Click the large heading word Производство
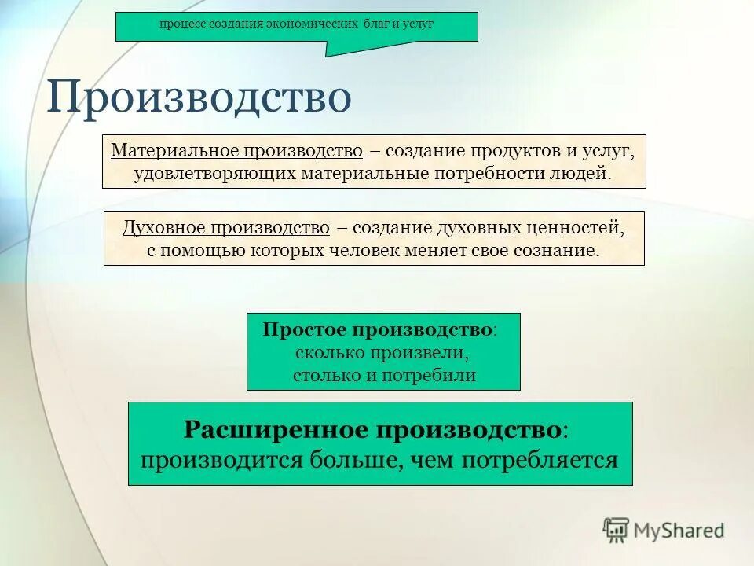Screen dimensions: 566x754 click(199, 98)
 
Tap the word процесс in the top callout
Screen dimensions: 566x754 click(181, 24)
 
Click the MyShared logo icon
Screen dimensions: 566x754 click(617, 530)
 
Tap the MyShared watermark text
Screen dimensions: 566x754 click(679, 531)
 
